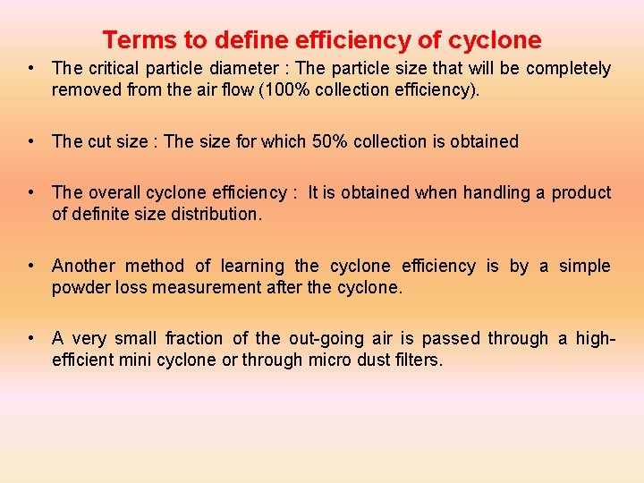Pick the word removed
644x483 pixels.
(84, 89)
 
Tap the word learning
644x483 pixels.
(251, 266)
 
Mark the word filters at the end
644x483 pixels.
(419, 359)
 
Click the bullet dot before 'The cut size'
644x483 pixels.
(31, 141)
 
